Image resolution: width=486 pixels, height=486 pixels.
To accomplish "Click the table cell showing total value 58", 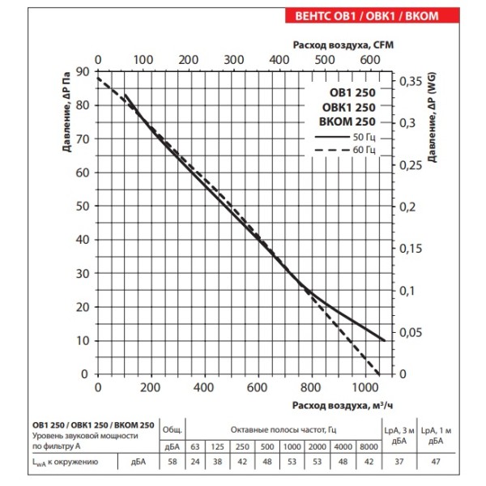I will pos(171,463).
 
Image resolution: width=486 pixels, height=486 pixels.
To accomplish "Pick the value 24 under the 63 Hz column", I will pos(194,463).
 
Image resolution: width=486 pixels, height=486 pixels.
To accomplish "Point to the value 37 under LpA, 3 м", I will pos(398,463).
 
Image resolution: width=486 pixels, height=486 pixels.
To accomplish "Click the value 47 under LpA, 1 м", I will pos(436,463).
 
